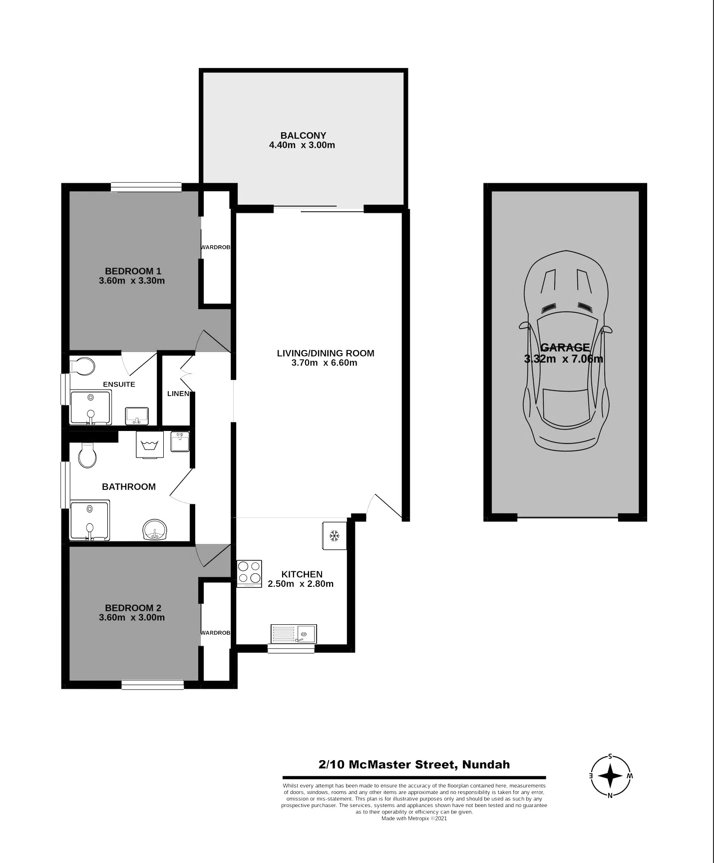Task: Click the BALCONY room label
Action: pyautogui.click(x=303, y=135)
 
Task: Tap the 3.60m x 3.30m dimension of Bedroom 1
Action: pyautogui.click(x=132, y=281)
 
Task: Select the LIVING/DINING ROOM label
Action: pyautogui.click(x=326, y=353)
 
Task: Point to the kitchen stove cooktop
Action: pyautogui.click(x=249, y=573)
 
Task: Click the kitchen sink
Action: pyautogui.click(x=294, y=634)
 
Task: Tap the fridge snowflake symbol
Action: pyautogui.click(x=334, y=536)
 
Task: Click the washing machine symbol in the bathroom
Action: pyautogui.click(x=150, y=444)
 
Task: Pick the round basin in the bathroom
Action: pyautogui.click(x=155, y=530)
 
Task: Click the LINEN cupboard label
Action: pyautogui.click(x=178, y=394)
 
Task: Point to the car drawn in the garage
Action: pyautogui.click(x=566, y=350)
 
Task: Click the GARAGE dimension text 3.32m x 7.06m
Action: pyautogui.click(x=564, y=359)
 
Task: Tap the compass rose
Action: pyautogui.click(x=610, y=776)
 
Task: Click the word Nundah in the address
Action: pyautogui.click(x=486, y=764)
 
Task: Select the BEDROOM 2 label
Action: pyautogui.click(x=133, y=608)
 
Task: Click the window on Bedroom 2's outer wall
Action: pyautogui.click(x=153, y=685)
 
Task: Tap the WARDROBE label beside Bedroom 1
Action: pyautogui.click(x=215, y=247)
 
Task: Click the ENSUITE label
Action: pyautogui.click(x=119, y=384)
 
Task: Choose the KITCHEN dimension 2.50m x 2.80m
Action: pyautogui.click(x=301, y=584)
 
